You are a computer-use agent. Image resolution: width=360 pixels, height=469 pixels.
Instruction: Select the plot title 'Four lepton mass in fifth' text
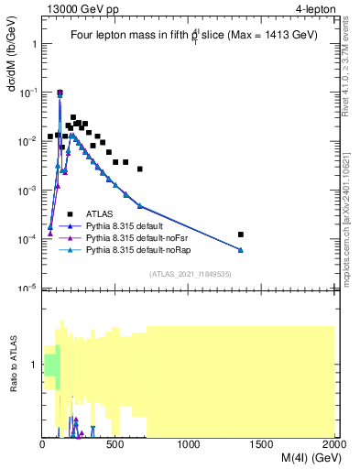pyautogui.click(x=130, y=35)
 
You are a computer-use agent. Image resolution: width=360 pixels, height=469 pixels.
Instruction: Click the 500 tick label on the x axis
pyautogui.click(x=115, y=445)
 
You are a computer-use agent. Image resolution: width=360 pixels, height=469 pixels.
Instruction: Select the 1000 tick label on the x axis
pyautogui.click(x=189, y=445)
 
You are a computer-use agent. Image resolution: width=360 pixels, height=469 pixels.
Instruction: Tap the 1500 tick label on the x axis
pyautogui.click(x=262, y=445)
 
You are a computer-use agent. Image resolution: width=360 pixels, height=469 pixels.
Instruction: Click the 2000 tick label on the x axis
pyautogui.click(x=333, y=445)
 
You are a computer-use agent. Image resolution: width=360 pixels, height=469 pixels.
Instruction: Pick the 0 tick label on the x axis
pyautogui.click(x=43, y=445)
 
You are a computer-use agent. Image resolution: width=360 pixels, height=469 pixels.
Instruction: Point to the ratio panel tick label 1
pyautogui.click(x=35, y=365)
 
